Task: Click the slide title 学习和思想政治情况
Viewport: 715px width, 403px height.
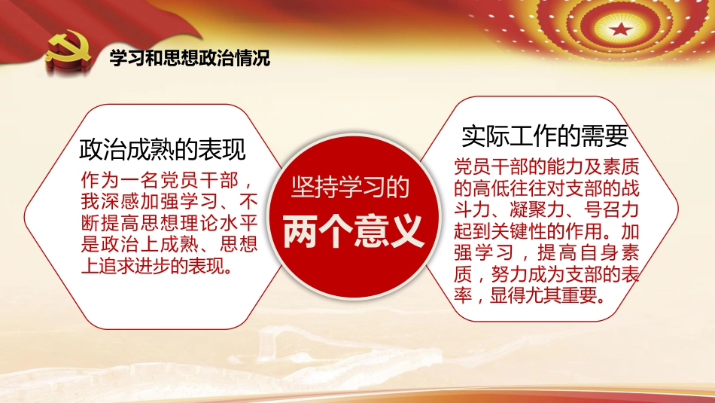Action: (189, 58)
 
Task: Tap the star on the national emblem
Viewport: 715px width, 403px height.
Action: (621, 29)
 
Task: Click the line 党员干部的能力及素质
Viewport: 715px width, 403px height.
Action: (546, 165)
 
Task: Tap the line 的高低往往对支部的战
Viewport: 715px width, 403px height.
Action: (546, 186)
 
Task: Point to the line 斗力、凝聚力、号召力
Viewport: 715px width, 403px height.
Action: (546, 208)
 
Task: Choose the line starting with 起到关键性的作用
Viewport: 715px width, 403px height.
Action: (546, 229)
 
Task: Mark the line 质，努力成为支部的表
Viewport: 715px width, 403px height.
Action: (546, 273)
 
